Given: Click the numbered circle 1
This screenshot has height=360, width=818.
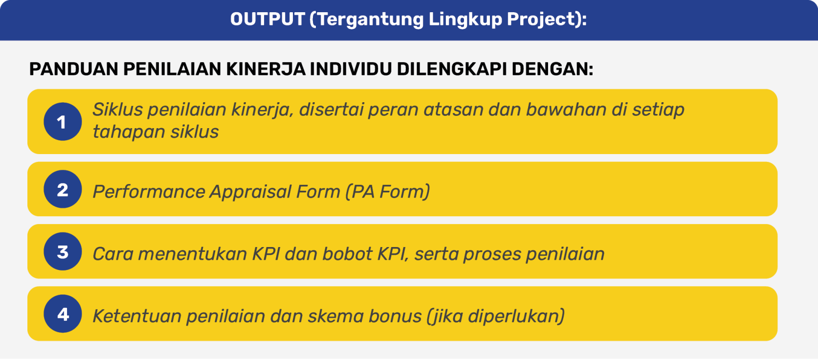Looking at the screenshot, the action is tap(63, 122).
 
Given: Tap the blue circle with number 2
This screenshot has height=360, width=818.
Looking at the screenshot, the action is tap(63, 189).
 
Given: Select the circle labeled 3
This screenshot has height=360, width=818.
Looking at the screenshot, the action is tap(63, 251).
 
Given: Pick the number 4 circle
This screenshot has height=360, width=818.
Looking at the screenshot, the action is tap(63, 314).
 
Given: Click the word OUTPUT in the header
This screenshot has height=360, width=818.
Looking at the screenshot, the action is tap(267, 19).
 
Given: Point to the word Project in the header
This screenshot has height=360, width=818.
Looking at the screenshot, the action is tap(538, 20).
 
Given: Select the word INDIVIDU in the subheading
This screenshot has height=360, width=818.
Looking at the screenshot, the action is tap(351, 69).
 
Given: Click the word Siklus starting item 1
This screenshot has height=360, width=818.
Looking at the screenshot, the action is tap(117, 109).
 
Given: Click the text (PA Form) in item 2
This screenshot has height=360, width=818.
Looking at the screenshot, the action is tap(388, 192).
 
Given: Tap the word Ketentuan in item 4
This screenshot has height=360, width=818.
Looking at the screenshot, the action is tap(137, 316).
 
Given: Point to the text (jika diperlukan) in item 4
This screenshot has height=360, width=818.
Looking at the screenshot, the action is tap(496, 316).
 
